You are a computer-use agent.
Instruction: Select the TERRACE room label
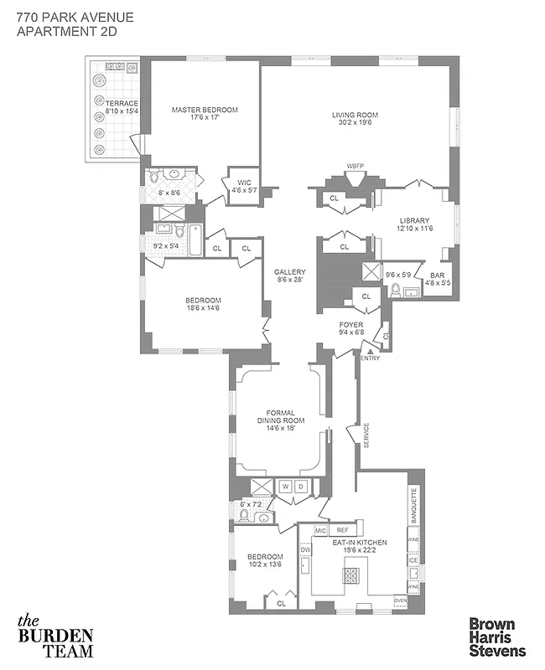[x=122, y=103]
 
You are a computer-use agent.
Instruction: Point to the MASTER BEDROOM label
[x=205, y=110]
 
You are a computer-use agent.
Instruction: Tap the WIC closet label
[x=244, y=182]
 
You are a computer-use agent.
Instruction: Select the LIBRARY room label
[x=414, y=221]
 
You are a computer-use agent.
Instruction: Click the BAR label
[x=437, y=275]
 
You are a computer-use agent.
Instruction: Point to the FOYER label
[x=350, y=324]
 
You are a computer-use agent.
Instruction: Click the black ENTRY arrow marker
[x=362, y=350]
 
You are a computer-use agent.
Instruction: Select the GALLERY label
[x=290, y=271]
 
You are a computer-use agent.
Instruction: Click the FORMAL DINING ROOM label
[x=280, y=415]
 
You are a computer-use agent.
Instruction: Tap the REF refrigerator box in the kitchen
[x=342, y=530]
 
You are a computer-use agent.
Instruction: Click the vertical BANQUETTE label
[x=413, y=506]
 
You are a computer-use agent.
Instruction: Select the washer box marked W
[x=284, y=486]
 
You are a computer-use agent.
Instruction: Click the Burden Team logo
[x=55, y=636]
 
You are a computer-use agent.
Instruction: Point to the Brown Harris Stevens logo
[x=496, y=636]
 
